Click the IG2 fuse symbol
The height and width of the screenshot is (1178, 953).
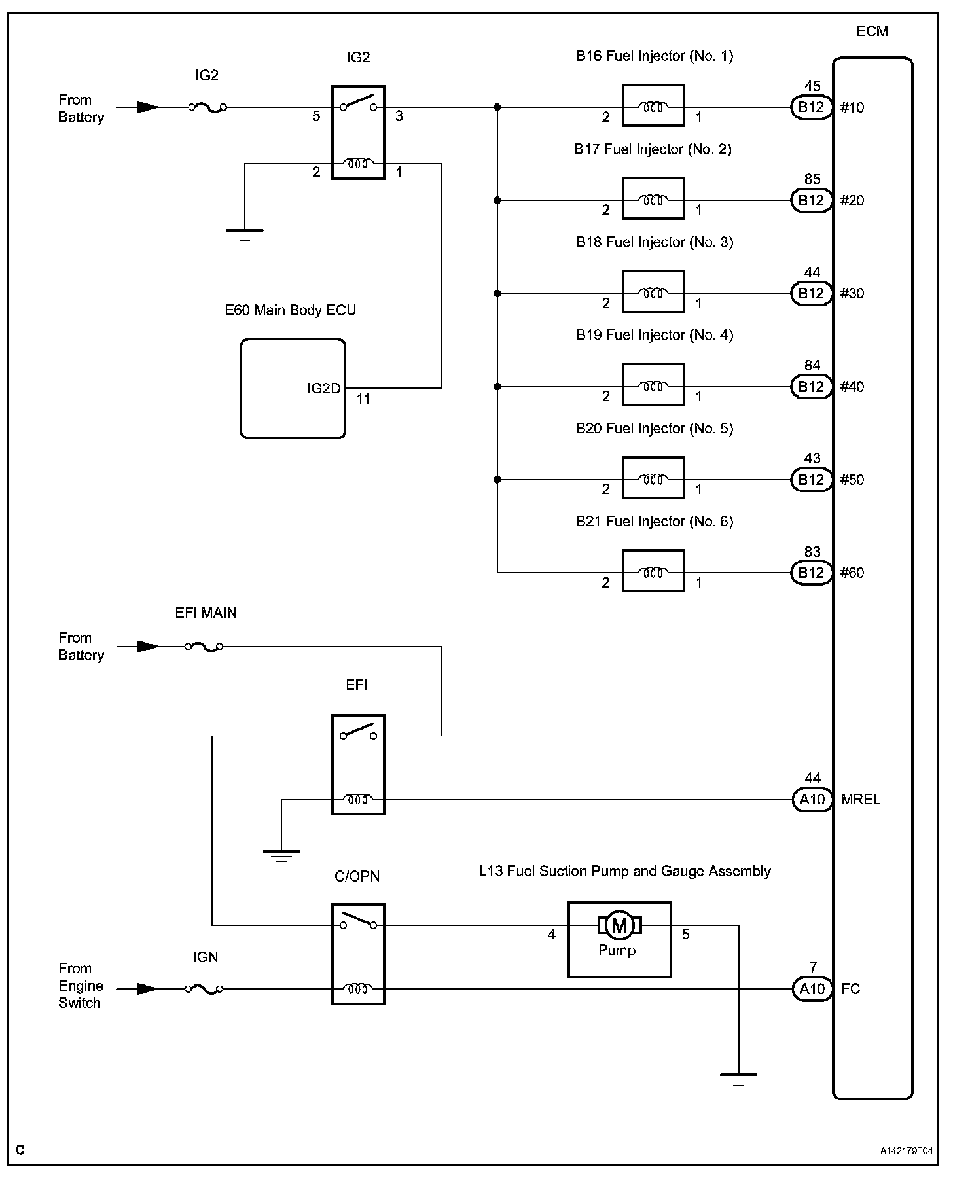coord(207,107)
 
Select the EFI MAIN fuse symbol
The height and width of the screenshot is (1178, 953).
coord(204,647)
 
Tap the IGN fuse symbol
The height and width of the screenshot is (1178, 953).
coord(204,990)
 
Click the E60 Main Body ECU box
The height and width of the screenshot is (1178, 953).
coord(293,389)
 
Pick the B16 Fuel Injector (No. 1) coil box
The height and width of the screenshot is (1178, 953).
coord(653,105)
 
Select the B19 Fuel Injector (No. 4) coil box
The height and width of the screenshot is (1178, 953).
coord(653,385)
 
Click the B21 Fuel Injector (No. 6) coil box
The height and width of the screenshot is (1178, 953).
coord(653,571)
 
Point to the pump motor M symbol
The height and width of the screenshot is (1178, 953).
coord(619,925)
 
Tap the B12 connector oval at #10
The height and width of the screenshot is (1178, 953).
coord(811,107)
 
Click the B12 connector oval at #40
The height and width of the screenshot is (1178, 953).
coord(811,387)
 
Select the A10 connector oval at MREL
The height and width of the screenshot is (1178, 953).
coord(812,800)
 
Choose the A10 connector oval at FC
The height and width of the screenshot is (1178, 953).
coord(812,989)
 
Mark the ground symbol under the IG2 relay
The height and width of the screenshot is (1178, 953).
coord(245,236)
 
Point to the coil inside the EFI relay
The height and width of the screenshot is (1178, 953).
coord(358,800)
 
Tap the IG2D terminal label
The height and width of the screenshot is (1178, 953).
coord(324,389)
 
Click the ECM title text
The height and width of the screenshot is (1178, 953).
coord(872,31)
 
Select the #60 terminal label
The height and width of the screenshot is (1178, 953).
coord(852,573)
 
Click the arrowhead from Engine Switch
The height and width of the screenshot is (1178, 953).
coord(148,990)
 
